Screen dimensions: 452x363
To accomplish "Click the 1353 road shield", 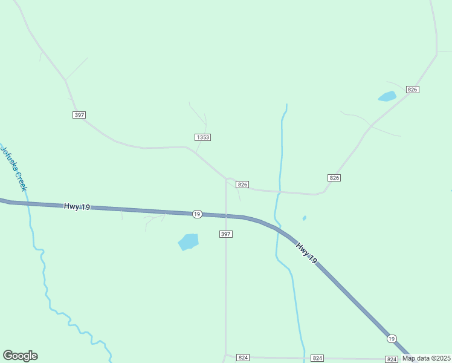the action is click(203, 137).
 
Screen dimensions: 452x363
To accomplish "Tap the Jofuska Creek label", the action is click(14, 168).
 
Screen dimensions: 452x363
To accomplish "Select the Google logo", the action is click(20, 356).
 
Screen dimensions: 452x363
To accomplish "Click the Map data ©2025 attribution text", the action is click(427, 358).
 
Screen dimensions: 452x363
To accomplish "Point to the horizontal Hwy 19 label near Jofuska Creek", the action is click(77, 207).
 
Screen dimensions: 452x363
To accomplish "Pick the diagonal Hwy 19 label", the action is click(306, 253).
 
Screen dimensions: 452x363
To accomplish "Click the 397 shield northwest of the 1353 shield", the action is click(79, 115).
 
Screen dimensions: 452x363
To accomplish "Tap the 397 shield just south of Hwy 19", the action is click(225, 234).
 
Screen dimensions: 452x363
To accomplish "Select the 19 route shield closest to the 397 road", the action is click(197, 214).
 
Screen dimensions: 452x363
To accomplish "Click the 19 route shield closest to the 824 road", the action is click(392, 338).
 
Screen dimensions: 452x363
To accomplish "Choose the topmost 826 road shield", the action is click(413, 89).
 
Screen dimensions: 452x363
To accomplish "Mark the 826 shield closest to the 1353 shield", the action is click(242, 185).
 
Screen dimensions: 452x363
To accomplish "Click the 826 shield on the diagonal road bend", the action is click(335, 177).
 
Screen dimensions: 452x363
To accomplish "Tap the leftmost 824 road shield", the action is click(243, 358).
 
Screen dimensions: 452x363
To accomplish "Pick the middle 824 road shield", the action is click(317, 358).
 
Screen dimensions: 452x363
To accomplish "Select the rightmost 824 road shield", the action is click(392, 359).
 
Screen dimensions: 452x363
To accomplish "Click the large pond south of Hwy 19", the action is click(189, 241).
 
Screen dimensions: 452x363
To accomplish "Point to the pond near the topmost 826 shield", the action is click(387, 96).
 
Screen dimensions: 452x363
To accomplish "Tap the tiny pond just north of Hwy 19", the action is click(304, 218).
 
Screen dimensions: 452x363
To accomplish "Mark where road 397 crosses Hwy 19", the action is click(226, 215).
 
